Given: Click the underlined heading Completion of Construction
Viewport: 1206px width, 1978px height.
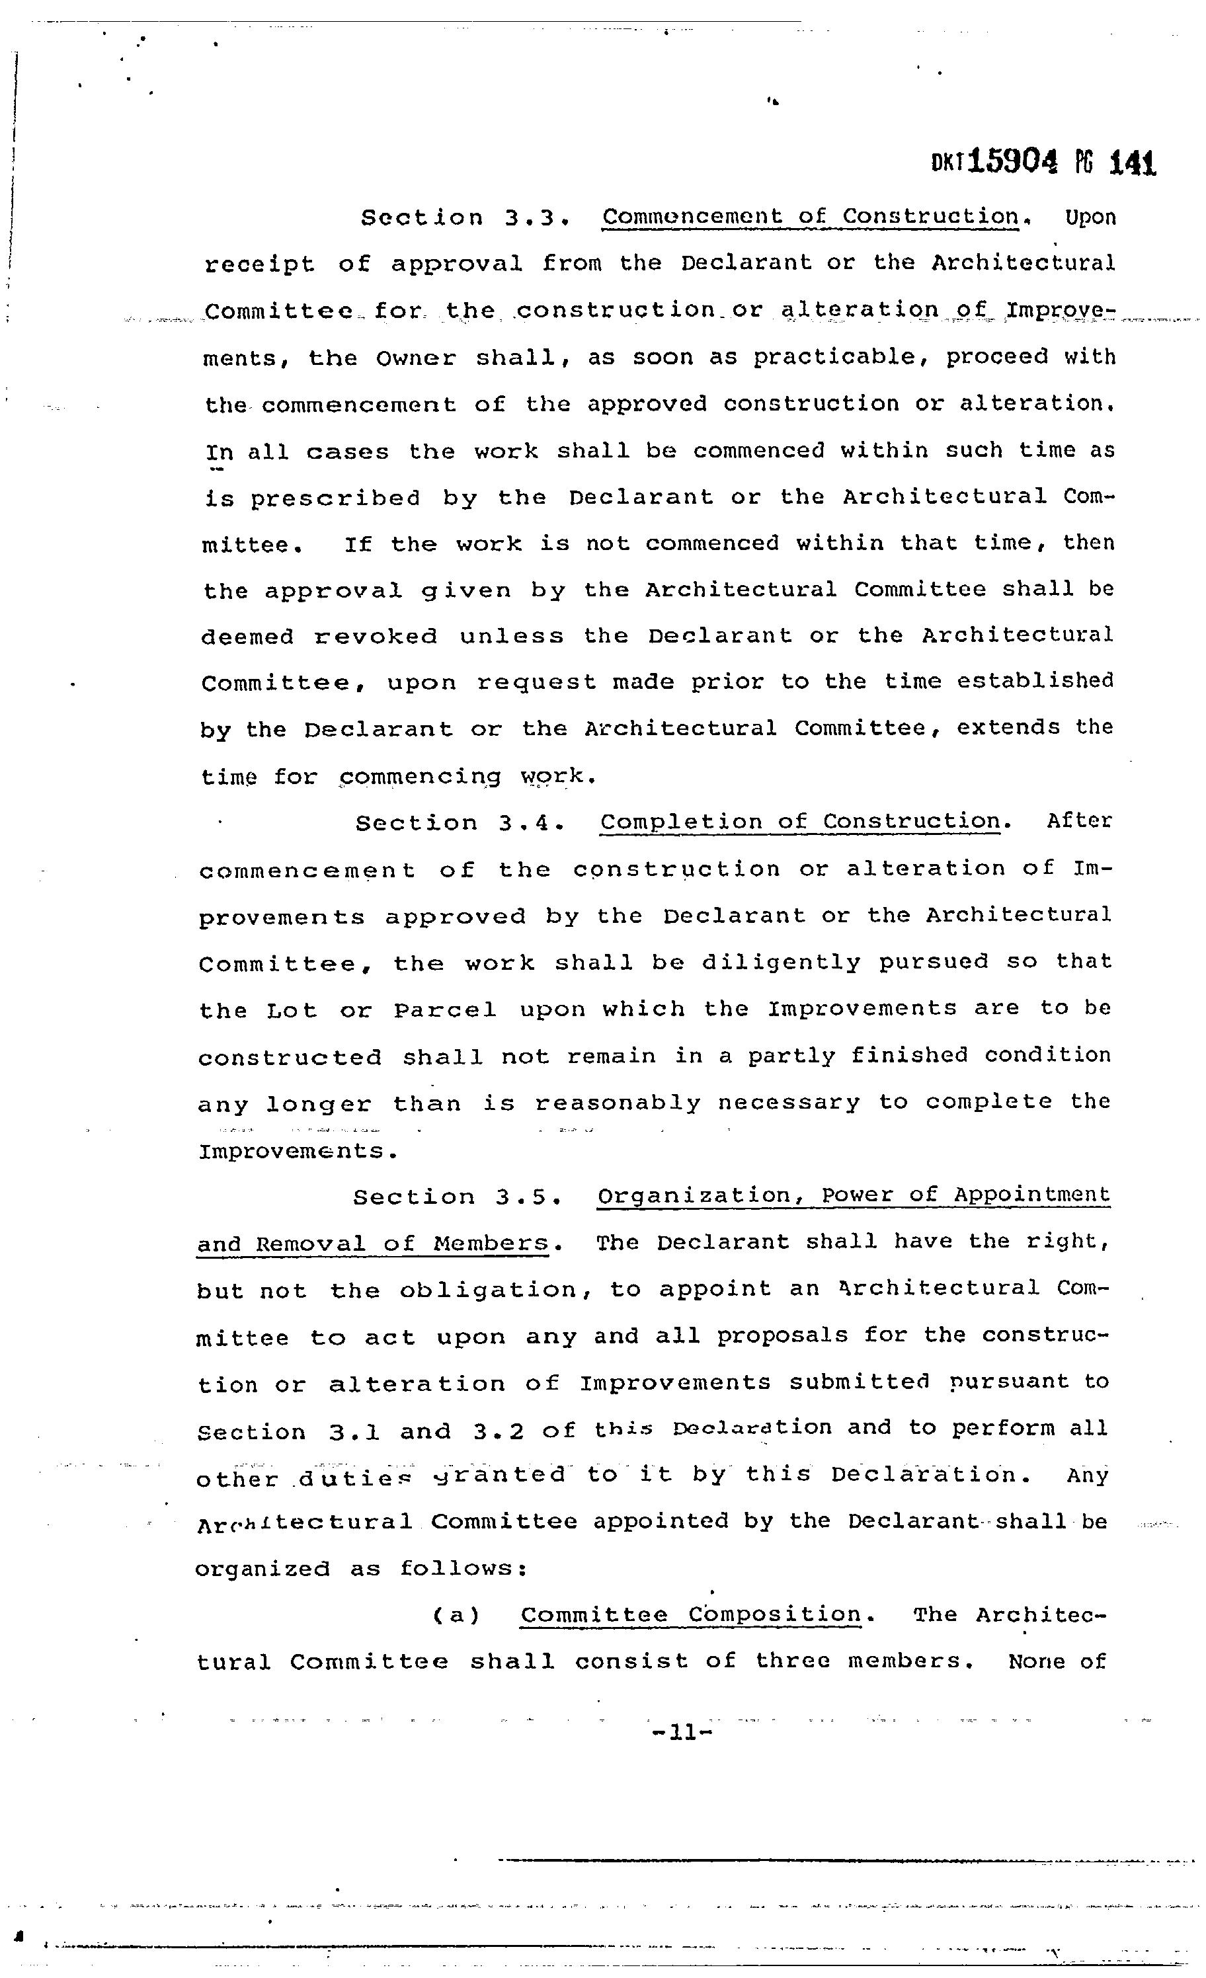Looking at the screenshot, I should tap(801, 821).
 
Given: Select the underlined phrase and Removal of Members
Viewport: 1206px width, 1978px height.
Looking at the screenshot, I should tap(374, 1244).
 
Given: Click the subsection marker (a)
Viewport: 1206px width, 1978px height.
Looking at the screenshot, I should tap(456, 1615).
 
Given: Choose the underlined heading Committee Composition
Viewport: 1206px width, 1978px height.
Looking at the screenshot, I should tap(690, 1614).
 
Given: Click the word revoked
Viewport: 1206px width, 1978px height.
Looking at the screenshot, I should tap(376, 637).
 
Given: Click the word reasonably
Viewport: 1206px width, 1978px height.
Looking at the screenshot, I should tap(618, 1103).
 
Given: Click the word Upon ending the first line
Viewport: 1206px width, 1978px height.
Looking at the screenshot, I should tap(1090, 218).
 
